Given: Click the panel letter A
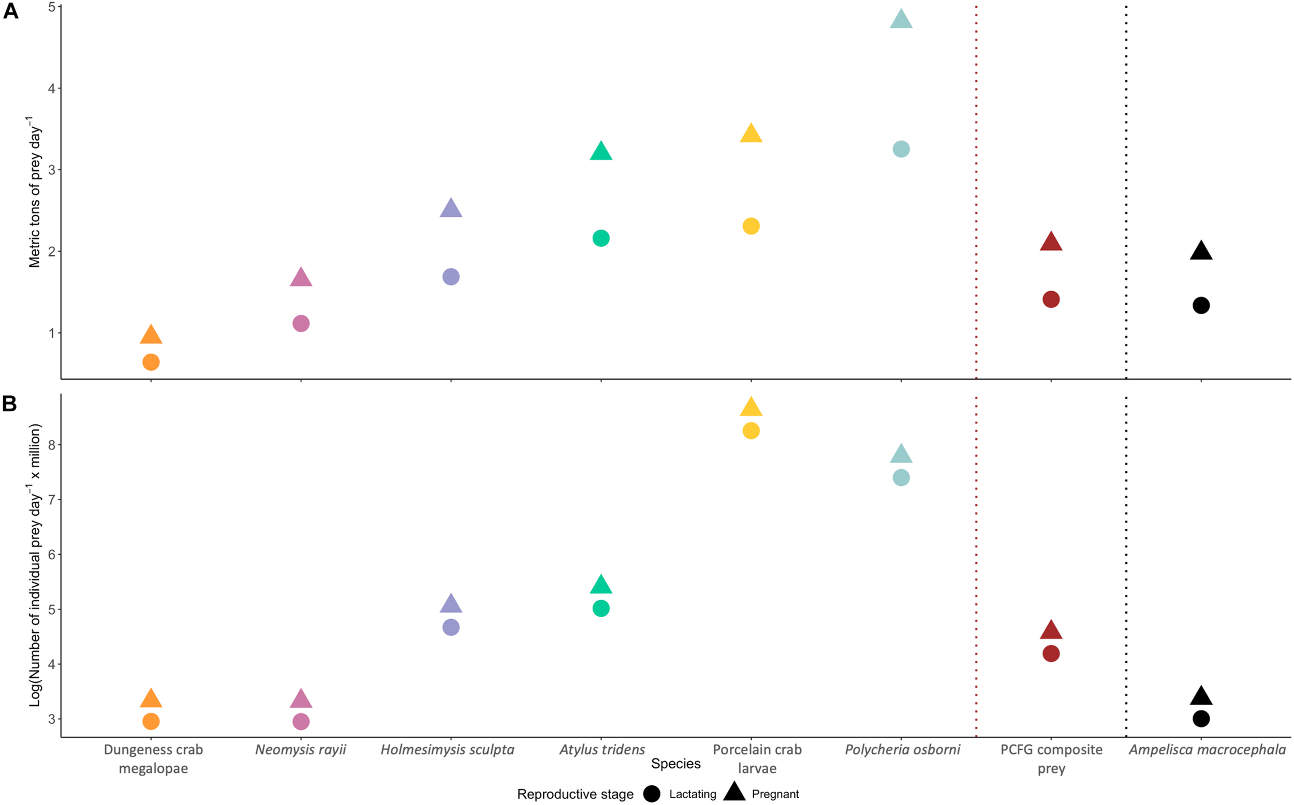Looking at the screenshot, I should pos(11,11).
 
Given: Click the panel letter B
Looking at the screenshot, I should pos(10,404).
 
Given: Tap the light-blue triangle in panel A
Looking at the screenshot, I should pos(901,20).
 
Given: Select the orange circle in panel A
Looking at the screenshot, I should pos(151,362).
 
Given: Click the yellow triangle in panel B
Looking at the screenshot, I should pos(751,407).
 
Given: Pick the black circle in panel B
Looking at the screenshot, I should pos(1201,719).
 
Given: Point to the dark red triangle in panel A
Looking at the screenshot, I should pos(1051,242).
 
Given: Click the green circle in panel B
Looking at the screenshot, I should pos(600,608).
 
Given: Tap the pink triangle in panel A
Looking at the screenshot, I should pos(301,278).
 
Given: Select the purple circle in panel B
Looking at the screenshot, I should pos(450,627).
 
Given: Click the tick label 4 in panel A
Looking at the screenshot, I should pos(52,88).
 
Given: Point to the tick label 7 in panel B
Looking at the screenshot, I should pos(52,500).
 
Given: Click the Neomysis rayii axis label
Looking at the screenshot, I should pos(301,750).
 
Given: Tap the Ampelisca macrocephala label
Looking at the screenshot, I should pos(1207,750).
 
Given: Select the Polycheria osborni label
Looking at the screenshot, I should pos(902,750).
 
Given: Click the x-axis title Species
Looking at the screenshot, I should pos(675,764).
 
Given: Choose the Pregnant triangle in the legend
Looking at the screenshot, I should pos(734,792).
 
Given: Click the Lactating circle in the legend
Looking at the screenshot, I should pos(651,794).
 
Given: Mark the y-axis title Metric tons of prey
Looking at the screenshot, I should pos(35,191).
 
